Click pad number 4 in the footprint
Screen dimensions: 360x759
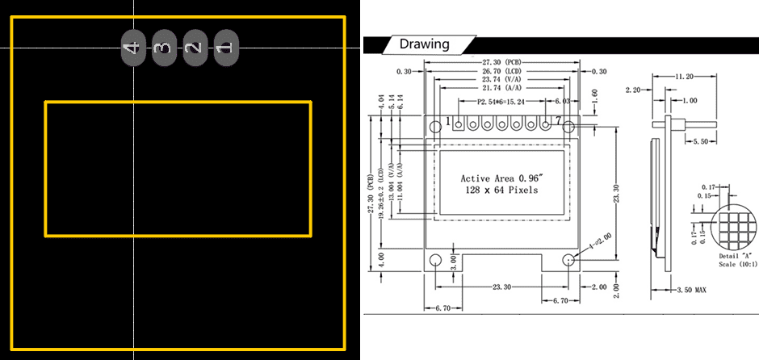132,48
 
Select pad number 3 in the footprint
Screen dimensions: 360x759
163,48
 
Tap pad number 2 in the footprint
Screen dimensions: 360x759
194,48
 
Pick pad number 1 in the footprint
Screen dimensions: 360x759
225,48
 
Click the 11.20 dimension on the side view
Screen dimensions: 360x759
685,76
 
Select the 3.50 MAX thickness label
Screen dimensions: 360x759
690,289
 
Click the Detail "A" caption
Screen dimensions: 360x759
735,255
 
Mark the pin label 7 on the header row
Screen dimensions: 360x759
558,120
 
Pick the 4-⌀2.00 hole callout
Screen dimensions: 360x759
601,241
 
